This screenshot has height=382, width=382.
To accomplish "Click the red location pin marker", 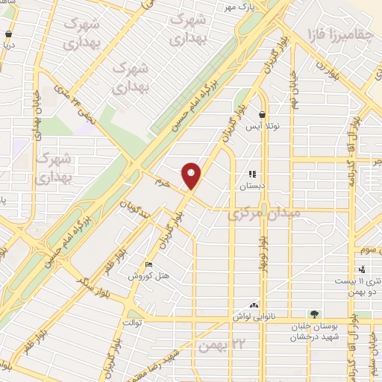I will [192, 176].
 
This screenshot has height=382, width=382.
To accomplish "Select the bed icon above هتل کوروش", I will [149, 265].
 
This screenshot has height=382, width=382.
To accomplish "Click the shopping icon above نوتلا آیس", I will [262, 115].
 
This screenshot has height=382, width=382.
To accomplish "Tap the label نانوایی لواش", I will [254, 316].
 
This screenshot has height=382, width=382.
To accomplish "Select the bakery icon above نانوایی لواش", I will [254, 305].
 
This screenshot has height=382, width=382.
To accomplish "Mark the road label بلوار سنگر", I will [93, 284].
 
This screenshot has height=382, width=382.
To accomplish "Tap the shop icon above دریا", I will [8, 34].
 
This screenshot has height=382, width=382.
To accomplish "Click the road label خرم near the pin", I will [163, 182].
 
